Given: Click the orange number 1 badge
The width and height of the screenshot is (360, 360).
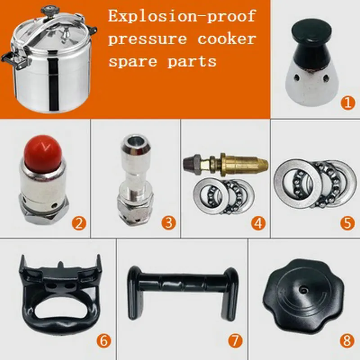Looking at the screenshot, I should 347,103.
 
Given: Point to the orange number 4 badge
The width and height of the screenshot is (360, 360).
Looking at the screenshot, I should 258,223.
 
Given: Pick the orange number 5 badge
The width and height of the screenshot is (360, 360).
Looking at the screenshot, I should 347,223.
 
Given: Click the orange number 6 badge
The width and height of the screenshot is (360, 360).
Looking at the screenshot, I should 103,341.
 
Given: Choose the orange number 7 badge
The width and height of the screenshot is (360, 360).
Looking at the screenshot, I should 234,341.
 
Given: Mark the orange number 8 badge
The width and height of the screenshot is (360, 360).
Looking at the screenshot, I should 346,341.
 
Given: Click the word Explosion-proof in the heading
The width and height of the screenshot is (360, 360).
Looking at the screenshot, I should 182,17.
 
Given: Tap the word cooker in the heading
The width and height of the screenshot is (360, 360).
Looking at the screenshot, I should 226,39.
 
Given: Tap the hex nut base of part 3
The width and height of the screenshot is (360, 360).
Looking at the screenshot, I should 135,209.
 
